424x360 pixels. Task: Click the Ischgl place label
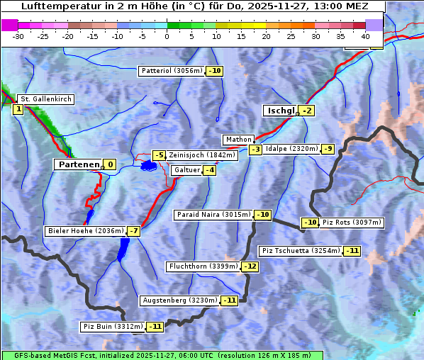point(281,111)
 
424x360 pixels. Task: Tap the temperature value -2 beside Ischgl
point(306,111)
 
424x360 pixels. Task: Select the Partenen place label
point(79,164)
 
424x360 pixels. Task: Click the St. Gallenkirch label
point(45,99)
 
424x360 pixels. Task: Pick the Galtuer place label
point(186,170)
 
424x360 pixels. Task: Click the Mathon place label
point(238,140)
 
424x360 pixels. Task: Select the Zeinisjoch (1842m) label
point(202,155)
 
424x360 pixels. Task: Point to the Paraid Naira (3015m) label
point(213,215)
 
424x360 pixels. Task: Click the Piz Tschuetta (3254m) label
point(301,251)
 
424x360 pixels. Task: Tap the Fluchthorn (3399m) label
point(203,266)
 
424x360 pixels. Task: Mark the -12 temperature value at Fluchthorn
point(250,267)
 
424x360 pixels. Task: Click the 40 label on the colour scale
point(365,35)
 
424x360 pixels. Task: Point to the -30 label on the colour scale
point(18,35)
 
